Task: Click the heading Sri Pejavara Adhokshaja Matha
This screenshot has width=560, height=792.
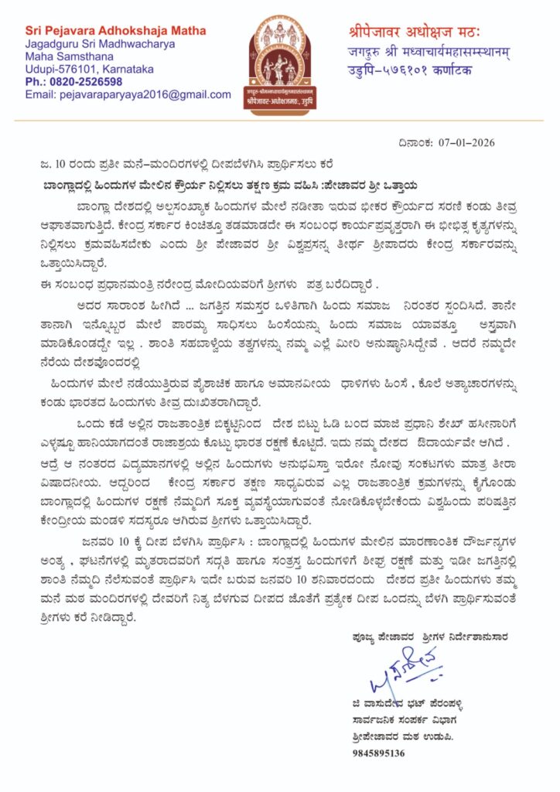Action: point(115,31)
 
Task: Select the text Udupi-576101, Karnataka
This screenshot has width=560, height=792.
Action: point(89,69)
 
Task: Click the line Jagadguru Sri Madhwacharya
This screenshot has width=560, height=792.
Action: point(100,44)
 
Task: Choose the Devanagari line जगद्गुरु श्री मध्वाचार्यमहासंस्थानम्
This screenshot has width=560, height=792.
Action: point(424,51)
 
